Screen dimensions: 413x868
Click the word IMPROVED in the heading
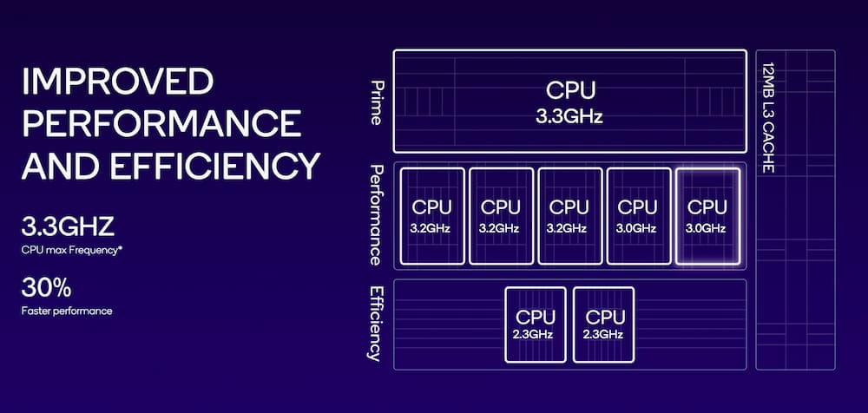[x=117, y=83]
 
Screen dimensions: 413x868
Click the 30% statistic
[x=46, y=287]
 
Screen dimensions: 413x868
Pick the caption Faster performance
[x=67, y=310]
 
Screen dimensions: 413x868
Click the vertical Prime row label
[x=377, y=102]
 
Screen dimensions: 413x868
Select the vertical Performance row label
[x=377, y=214]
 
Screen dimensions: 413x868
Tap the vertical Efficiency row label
[x=377, y=322]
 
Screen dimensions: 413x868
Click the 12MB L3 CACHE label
[x=767, y=117]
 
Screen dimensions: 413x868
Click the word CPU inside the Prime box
[x=569, y=90]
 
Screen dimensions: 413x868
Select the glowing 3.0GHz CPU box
[x=707, y=216]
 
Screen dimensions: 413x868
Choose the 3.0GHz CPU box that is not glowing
[x=638, y=216]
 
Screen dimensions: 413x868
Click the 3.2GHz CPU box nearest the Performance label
[x=431, y=216]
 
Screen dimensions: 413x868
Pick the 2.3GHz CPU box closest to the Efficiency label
[x=536, y=324]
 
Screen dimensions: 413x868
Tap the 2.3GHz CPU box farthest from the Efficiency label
[x=604, y=324]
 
